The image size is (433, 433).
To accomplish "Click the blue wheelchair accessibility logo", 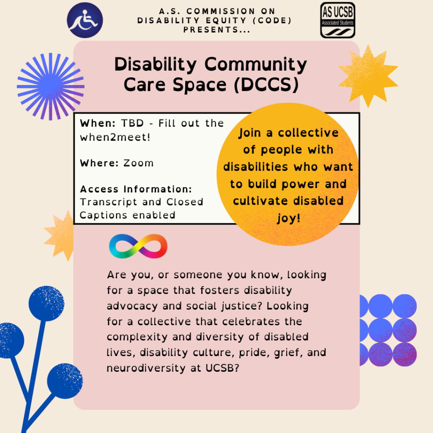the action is click(x=85, y=20).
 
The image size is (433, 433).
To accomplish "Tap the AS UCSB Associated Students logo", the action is click(x=337, y=20).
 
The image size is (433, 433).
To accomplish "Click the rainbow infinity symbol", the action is click(x=138, y=246).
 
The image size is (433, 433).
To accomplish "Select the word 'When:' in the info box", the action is click(x=98, y=123).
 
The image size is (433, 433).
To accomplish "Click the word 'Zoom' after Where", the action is click(x=138, y=163).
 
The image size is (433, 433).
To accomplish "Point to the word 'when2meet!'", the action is click(x=115, y=137).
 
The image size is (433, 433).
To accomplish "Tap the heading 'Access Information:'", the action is click(x=136, y=189).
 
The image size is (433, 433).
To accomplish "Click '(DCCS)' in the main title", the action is click(x=266, y=85).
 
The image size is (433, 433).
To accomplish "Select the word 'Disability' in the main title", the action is click(x=156, y=64).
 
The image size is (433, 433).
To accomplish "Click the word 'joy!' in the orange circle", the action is click(x=288, y=219).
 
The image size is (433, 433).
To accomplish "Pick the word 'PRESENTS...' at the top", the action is click(x=217, y=30).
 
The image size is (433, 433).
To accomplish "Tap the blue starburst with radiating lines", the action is click(x=51, y=86).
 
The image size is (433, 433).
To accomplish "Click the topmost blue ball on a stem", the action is click(x=47, y=304).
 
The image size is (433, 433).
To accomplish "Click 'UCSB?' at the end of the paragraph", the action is click(x=222, y=368).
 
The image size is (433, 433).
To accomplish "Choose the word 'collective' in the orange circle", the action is click(x=308, y=133).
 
